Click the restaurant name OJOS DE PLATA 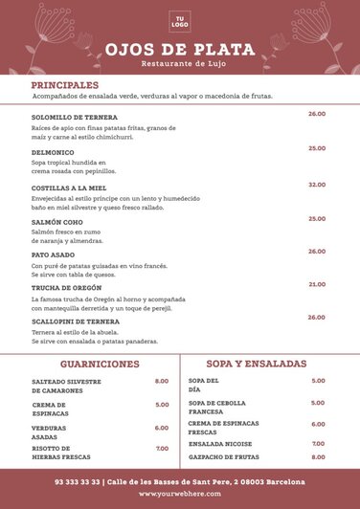pyautogui.click(x=180, y=49)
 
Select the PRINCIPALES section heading pyautogui.click(x=64, y=85)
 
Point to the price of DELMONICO pyautogui.click(x=316, y=148)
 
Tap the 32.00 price pyautogui.click(x=316, y=185)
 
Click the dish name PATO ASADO pyautogui.click(x=53, y=255)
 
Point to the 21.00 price pyautogui.click(x=316, y=284)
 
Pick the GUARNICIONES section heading pyautogui.click(x=100, y=365)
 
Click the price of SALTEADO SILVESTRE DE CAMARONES pyautogui.click(x=162, y=382)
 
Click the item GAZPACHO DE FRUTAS pyautogui.click(x=224, y=456)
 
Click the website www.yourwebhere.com pyautogui.click(x=180, y=495)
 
